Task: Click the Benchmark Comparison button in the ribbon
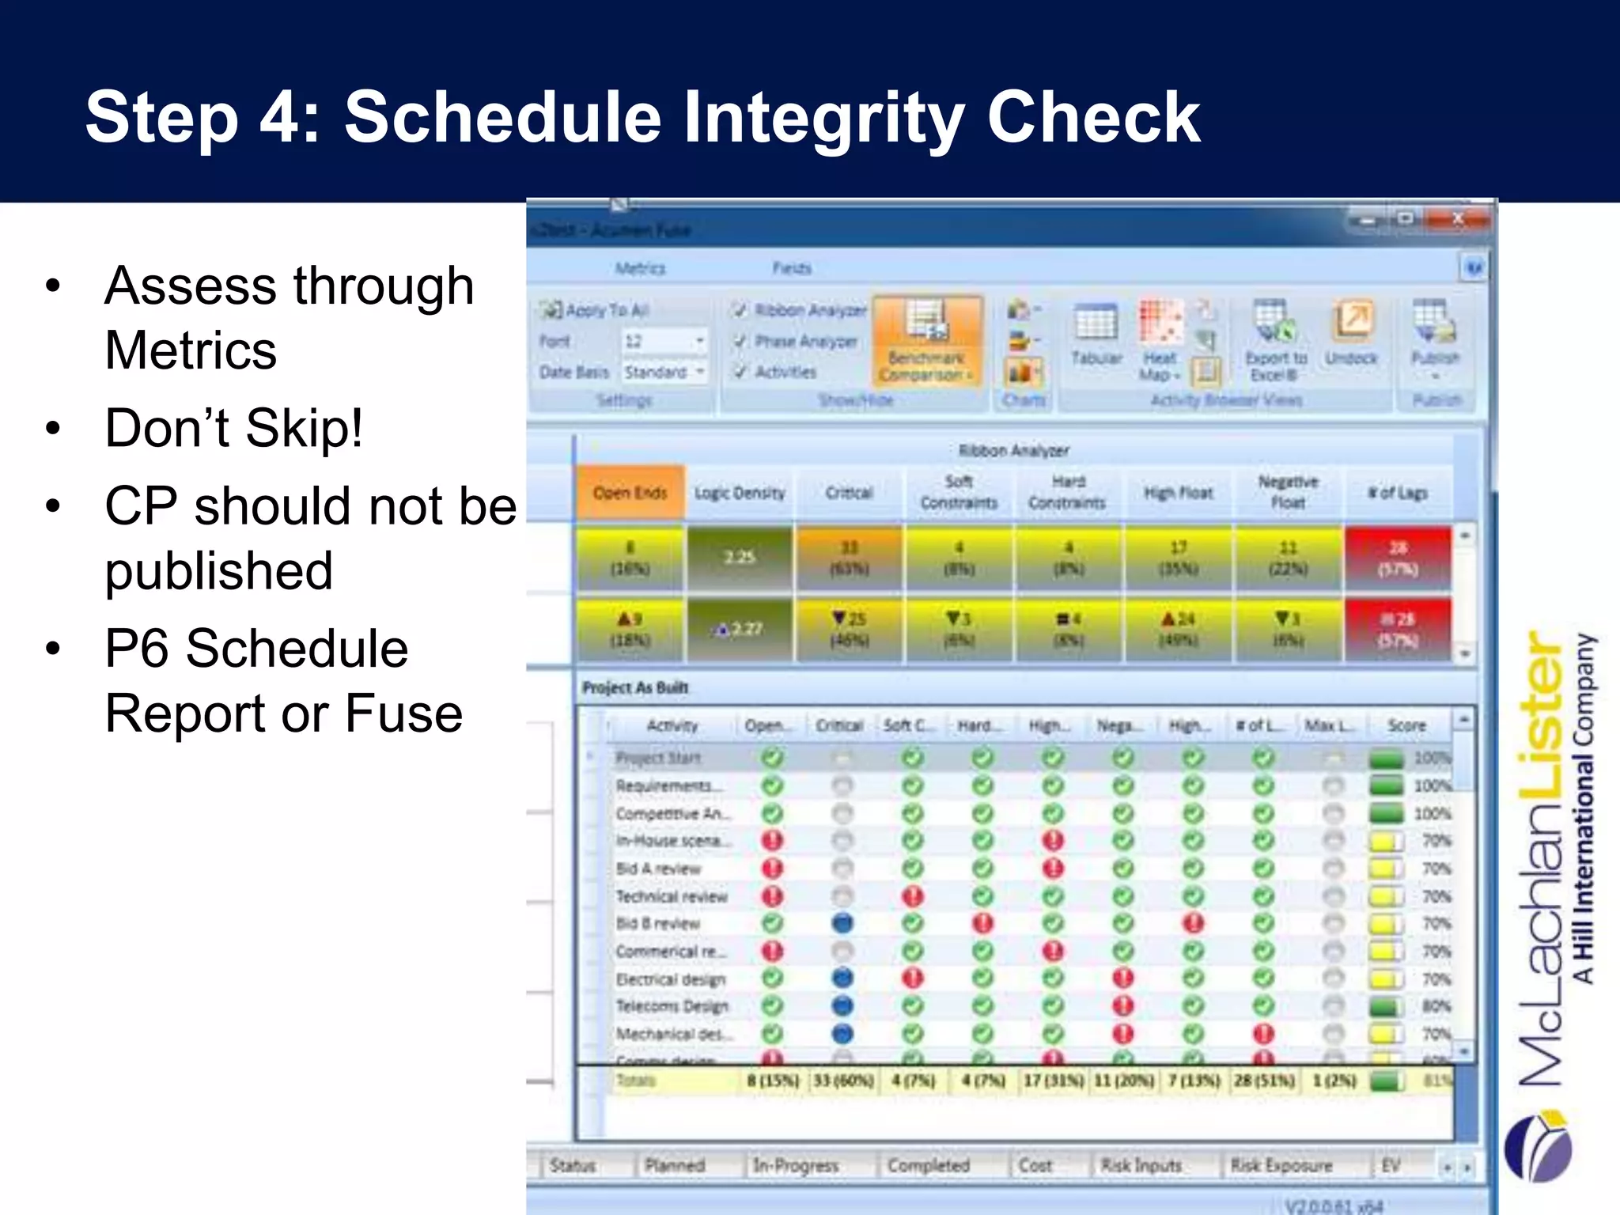(927, 341)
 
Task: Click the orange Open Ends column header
(630, 492)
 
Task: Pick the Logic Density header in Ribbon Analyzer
(740, 493)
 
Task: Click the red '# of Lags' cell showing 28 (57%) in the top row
(1398, 558)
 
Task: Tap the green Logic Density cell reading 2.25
(740, 558)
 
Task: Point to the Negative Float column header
(1288, 492)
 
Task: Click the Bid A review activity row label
(658, 869)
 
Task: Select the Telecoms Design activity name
(672, 1006)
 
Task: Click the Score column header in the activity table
(1406, 725)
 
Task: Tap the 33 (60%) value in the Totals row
(843, 1081)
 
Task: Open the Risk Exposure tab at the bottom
(1281, 1165)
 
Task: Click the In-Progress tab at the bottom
(795, 1165)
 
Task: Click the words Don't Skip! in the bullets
(234, 428)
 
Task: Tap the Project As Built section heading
(635, 687)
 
